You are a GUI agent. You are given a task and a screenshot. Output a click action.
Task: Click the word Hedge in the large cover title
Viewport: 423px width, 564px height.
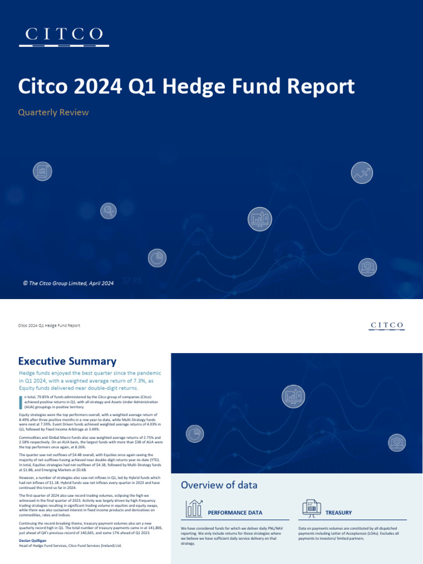[x=213, y=87]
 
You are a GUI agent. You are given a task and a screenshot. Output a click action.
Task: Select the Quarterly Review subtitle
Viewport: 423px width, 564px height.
[x=53, y=112]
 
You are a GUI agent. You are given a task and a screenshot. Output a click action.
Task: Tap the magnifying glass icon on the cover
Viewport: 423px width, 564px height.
[x=109, y=210]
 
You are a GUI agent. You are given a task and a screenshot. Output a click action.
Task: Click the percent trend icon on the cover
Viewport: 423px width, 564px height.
[x=362, y=173]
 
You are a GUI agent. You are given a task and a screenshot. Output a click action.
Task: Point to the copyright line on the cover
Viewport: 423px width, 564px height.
[x=68, y=283]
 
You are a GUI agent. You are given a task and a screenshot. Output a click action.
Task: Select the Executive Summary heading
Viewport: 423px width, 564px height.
[x=67, y=361]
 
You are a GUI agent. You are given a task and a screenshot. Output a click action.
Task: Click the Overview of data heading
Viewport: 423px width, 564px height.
[x=219, y=485]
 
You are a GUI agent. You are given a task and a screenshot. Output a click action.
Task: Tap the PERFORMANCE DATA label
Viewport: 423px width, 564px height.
[x=235, y=513]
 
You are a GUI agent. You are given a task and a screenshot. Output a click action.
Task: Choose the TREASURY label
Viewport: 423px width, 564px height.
[x=338, y=513]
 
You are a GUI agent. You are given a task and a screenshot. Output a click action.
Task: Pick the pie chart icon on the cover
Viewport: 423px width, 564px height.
[x=157, y=258]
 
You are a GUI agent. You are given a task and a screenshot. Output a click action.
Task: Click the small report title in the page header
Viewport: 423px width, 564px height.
[x=50, y=326]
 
